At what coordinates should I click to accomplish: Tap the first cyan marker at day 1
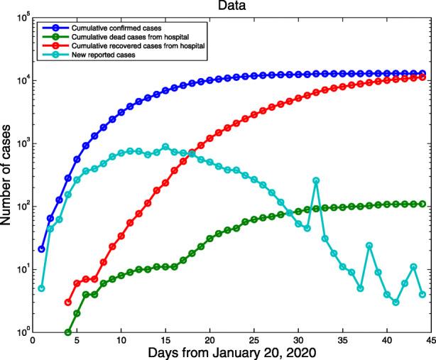pyautogui.click(x=41, y=288)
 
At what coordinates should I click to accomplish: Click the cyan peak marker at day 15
pyautogui.click(x=165, y=147)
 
